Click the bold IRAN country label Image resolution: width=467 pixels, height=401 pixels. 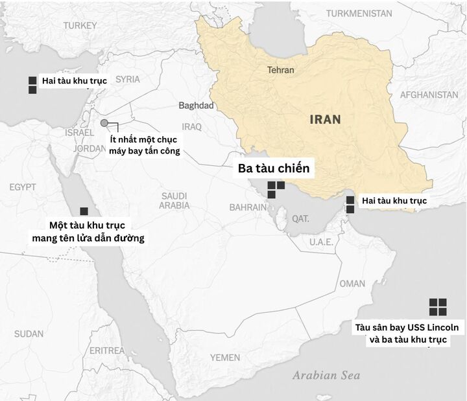pyautogui.click(x=325, y=119)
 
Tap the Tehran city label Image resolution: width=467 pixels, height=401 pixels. pyautogui.click(x=280, y=70)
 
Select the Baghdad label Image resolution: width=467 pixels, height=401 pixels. pyautogui.click(x=196, y=106)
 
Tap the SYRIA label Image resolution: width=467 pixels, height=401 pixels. pyautogui.click(x=128, y=79)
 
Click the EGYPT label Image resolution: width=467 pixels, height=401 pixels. pyautogui.click(x=23, y=187)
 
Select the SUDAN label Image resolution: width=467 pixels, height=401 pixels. pyautogui.click(x=29, y=334)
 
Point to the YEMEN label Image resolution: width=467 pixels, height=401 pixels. pyautogui.click(x=224, y=357)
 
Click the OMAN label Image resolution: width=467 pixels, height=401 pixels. pyautogui.click(x=352, y=284)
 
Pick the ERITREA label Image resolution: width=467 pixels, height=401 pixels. pyautogui.click(x=107, y=350)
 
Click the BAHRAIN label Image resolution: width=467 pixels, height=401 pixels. pyautogui.click(x=248, y=207)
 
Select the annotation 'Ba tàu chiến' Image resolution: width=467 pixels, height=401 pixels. pyautogui.click(x=274, y=169)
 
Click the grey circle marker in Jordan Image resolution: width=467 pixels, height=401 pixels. pyautogui.click(x=104, y=123)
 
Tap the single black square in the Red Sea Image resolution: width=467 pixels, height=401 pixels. pyautogui.click(x=84, y=211)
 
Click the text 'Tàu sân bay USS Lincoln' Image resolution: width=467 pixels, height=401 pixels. pyautogui.click(x=407, y=327)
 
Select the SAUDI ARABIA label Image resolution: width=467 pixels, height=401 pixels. pyautogui.click(x=174, y=201)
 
